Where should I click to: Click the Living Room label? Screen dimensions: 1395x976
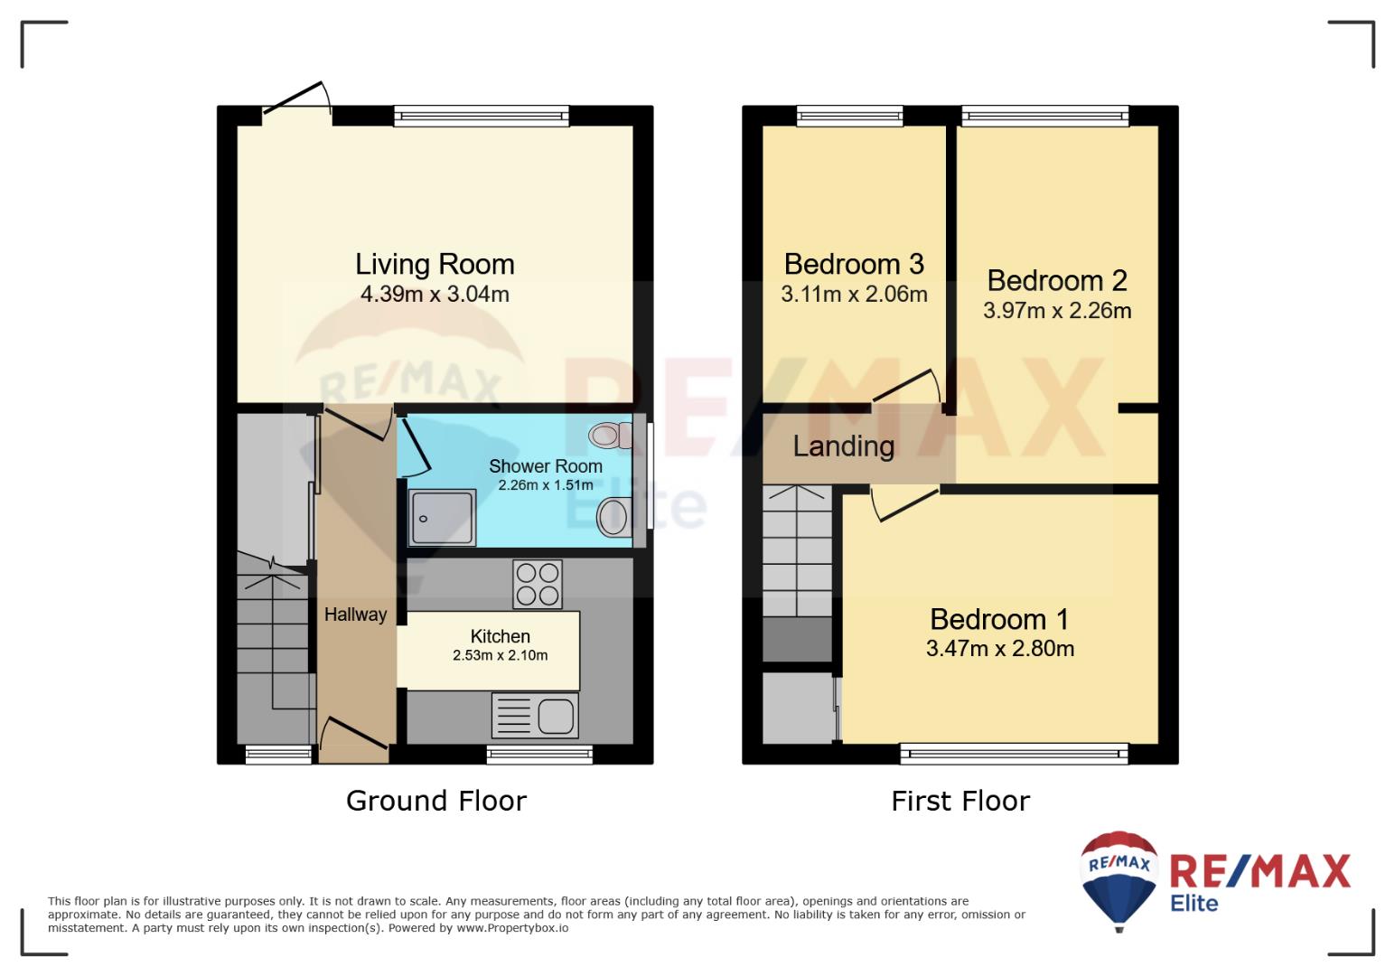pyautogui.click(x=435, y=265)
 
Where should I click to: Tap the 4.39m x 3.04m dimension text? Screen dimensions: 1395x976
pyautogui.click(x=435, y=294)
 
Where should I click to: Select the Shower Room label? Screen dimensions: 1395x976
pyautogui.click(x=546, y=466)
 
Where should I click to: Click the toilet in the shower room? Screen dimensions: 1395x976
pyautogui.click(x=611, y=436)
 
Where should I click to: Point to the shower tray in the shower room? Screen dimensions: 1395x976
pyautogui.click(x=442, y=517)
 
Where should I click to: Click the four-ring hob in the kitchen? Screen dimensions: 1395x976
pyautogui.click(x=538, y=584)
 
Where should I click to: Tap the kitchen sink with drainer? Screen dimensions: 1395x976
pyautogui.click(x=535, y=716)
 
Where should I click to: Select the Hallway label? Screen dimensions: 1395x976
pyautogui.click(x=356, y=615)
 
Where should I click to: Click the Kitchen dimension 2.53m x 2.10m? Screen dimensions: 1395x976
pyautogui.click(x=500, y=655)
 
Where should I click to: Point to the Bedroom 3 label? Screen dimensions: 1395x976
pyautogui.click(x=854, y=264)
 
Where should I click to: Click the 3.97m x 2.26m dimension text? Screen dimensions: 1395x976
pyautogui.click(x=1057, y=311)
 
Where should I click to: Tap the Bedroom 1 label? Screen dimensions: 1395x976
pyautogui.click(x=999, y=620)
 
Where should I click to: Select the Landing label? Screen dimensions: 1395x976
pyautogui.click(x=844, y=446)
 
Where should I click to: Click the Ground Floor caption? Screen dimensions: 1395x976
pyautogui.click(x=435, y=801)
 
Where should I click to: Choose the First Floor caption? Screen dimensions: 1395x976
pyautogui.click(x=960, y=801)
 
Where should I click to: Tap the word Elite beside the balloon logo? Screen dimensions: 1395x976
pyautogui.click(x=1194, y=903)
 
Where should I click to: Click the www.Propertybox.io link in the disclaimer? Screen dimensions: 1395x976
pyautogui.click(x=512, y=928)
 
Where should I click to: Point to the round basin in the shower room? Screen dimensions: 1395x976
pyautogui.click(x=613, y=517)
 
